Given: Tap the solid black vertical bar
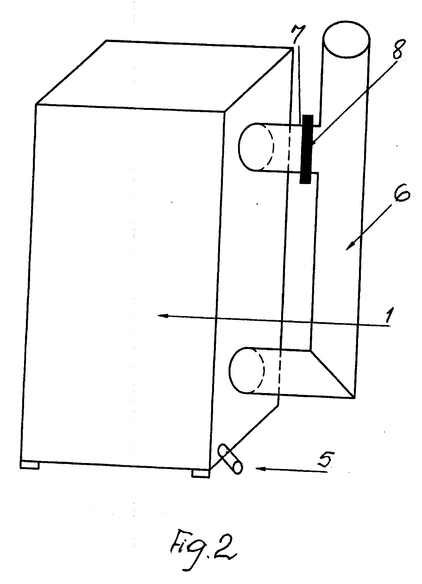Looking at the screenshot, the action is [x=306, y=149].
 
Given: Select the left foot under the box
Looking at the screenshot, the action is [x=29, y=465].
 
